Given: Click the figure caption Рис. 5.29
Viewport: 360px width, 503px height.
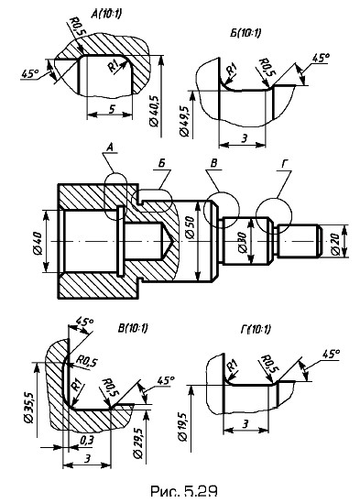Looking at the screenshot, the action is pos(183,491).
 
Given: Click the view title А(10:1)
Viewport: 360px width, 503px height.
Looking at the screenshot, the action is pos(106,14).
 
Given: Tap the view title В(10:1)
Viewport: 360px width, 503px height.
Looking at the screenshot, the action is pos(133,328).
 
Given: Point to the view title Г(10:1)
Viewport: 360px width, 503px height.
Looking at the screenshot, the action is pos(256,329).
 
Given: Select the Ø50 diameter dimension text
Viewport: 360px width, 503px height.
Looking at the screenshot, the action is pos(190,227).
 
